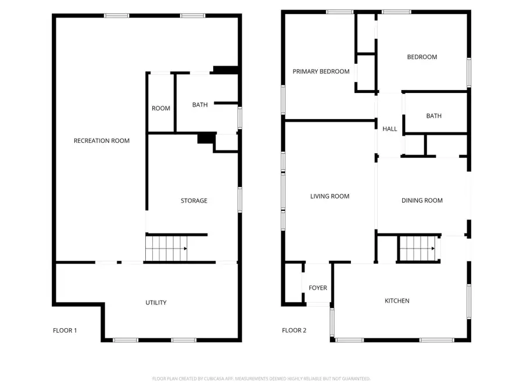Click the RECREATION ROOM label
101,141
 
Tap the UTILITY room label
156,303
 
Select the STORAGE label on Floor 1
194,201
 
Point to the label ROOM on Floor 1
161,109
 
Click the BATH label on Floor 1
200,105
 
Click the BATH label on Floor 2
434,116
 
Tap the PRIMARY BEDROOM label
321,71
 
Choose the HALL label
389,129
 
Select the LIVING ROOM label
329,196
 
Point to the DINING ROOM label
422,200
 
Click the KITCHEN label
397,301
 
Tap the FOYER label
317,287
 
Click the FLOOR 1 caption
65,330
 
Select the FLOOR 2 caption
294,330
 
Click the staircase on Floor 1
166,249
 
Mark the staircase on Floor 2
418,249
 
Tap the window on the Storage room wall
239,199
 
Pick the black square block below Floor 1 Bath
206,138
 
